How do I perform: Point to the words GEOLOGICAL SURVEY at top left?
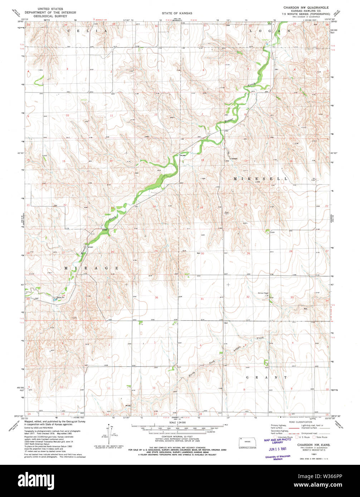[50, 16]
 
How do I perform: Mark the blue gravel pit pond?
[56, 300]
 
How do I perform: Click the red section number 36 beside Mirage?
[156, 297]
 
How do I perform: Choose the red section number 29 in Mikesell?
[248, 253]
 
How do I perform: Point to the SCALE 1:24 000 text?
[175, 423]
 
